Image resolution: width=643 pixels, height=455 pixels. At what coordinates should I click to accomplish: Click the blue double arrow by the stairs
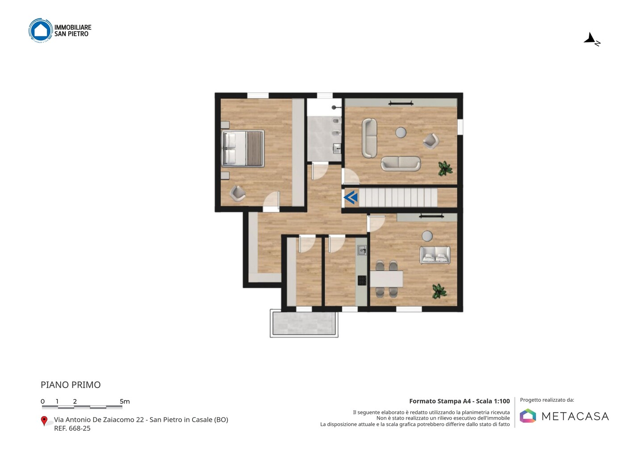coord(351,198)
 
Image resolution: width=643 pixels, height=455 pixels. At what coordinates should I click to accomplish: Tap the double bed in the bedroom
coord(243,148)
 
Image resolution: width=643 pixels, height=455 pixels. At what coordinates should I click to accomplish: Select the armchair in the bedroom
coord(238,194)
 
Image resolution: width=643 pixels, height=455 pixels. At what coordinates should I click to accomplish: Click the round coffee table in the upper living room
coord(401,132)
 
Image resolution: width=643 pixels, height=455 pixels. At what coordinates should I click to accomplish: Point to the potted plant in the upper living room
coord(445,169)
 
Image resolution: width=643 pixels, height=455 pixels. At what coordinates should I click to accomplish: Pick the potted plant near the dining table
coord(439,291)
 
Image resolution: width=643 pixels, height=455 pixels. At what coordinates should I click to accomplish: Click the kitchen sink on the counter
coord(362,250)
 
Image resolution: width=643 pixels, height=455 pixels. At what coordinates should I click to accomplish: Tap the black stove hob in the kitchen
coord(362,280)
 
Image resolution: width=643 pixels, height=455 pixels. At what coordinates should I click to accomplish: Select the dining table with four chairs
coord(386,279)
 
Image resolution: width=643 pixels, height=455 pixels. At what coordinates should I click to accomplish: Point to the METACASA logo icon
coord(528,416)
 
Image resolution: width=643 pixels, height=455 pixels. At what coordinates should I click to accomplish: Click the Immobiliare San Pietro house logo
coord(41,30)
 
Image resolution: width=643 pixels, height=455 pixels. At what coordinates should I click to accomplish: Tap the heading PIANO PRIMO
coord(71,385)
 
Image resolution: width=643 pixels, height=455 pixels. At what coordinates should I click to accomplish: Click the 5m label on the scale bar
coord(125,401)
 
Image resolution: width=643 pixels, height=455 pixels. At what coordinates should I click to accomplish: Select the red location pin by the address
coord(44,421)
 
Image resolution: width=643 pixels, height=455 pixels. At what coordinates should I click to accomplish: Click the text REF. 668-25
coord(72,428)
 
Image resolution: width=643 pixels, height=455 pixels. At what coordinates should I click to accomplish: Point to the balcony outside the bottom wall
coord(304,324)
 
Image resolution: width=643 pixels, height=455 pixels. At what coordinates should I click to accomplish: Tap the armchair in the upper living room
coord(431,141)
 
